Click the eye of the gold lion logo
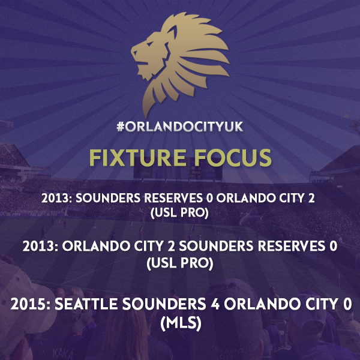coord(150,44)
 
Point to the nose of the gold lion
coord(133,52)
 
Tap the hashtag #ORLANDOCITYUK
coord(180,127)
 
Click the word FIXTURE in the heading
coord(138,157)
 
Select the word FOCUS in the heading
coord(233,157)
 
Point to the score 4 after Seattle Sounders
coord(215,304)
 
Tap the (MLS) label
coord(181,323)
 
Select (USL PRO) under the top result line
coord(179,213)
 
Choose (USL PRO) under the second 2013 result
coord(180,263)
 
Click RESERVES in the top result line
coord(173,198)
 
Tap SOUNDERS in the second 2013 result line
coord(216,246)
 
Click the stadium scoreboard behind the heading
coord(178,172)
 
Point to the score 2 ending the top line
coord(311,198)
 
